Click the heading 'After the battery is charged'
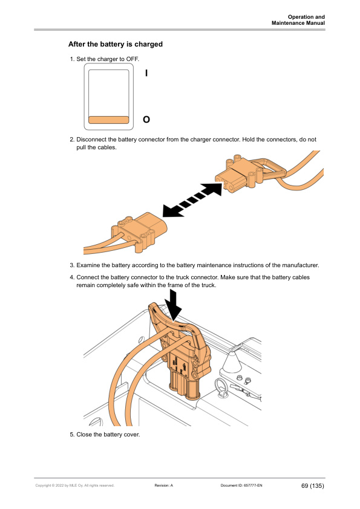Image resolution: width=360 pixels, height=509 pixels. pyautogui.click(x=116, y=44)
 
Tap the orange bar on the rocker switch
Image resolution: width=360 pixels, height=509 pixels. pyautogui.click(x=109, y=120)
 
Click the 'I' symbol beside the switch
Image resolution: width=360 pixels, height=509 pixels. pyautogui.click(x=146, y=73)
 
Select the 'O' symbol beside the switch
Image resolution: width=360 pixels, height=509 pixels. pyautogui.click(x=146, y=120)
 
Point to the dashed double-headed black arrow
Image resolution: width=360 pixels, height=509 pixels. pyautogui.click(x=192, y=199)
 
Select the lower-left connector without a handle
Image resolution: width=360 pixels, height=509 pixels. pyautogui.click(x=139, y=231)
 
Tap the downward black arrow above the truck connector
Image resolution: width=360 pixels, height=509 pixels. pyautogui.click(x=173, y=305)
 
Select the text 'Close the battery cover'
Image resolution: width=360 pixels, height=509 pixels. pyautogui.click(x=108, y=434)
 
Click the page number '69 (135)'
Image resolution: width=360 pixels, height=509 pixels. pyautogui.click(x=313, y=485)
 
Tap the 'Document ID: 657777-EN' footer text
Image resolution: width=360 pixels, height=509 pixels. pyautogui.click(x=241, y=485)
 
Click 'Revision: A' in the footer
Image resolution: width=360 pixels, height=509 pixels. pyautogui.click(x=164, y=485)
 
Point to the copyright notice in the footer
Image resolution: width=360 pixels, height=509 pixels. pyautogui.click(x=75, y=485)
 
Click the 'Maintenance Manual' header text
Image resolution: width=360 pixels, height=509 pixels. pyautogui.click(x=298, y=23)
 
